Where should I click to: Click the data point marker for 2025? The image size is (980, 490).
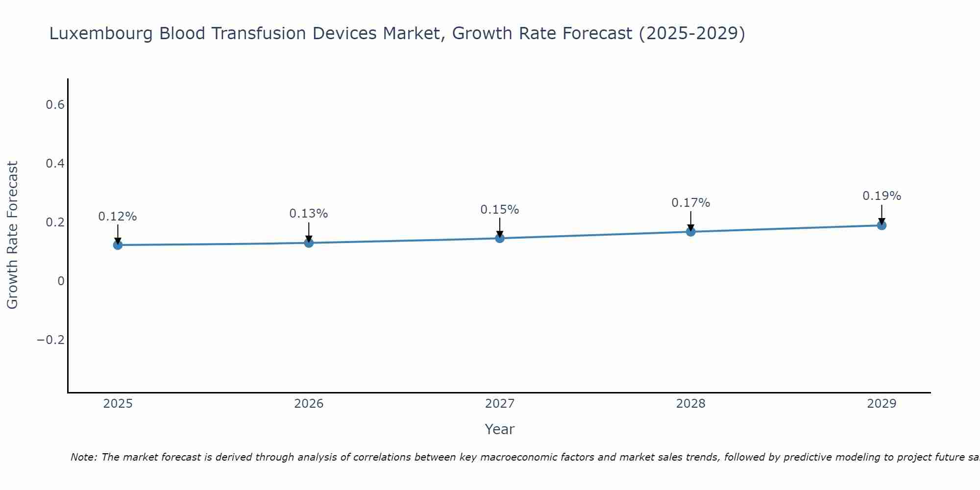118,245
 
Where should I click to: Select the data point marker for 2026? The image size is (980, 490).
309,243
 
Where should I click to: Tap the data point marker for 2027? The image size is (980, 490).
500,238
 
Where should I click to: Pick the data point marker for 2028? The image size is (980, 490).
690,231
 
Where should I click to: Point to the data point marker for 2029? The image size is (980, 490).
882,225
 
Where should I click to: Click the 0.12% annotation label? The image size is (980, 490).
118,217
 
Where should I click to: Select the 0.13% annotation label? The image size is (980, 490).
309,214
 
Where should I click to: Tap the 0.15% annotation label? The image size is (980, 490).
500,210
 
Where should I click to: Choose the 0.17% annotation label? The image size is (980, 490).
690,203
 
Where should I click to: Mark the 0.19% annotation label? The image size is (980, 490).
882,196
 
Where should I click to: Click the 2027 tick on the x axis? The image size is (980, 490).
500,404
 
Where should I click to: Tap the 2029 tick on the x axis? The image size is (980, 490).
882,404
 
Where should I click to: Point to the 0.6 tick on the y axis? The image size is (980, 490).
55,105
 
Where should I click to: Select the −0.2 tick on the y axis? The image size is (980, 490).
51,340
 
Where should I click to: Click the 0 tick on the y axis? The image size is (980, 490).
61,281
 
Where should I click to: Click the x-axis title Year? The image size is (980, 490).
500,429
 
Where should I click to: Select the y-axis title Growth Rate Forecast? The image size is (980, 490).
12,235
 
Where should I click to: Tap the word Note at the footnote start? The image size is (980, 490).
83,457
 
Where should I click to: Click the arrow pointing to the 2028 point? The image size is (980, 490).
690,220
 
